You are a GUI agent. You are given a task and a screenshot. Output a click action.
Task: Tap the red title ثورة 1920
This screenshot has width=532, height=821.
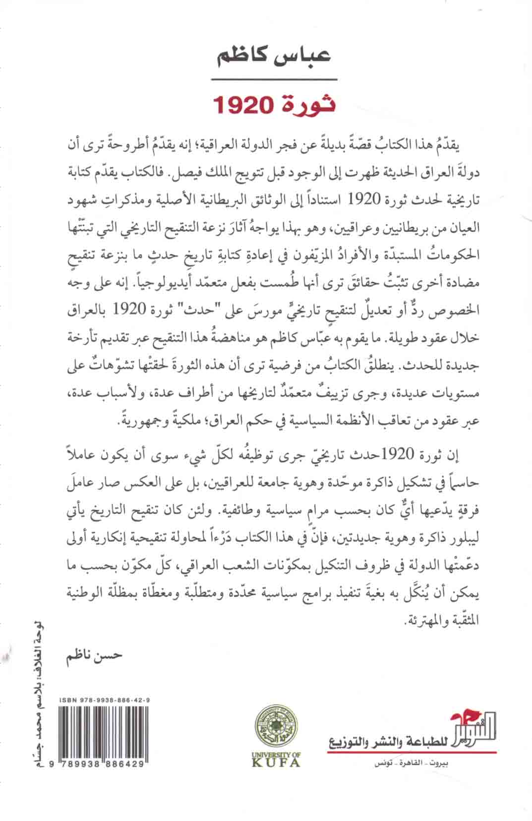pos(274,105)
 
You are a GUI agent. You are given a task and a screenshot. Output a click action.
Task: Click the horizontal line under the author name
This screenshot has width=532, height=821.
pos(274,79)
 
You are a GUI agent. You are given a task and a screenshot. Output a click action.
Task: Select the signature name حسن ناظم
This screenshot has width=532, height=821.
pos(94,654)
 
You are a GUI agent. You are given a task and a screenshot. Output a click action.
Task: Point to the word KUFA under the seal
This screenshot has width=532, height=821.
pos(276,762)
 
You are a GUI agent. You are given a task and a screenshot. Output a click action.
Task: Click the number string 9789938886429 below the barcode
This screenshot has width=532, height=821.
pos(97,765)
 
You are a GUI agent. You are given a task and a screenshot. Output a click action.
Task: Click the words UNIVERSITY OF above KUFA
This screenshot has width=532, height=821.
pos(276,754)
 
